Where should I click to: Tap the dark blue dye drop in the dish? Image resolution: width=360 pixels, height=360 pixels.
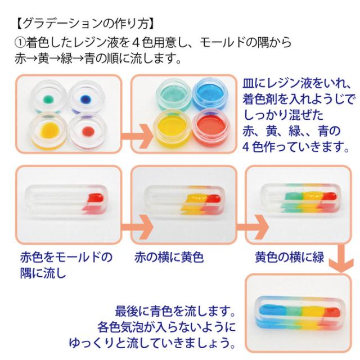click(87, 100)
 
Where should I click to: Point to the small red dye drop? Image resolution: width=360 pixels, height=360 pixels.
click(87, 131)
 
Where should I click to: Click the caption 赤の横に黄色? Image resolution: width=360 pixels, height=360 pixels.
click(169, 258)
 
